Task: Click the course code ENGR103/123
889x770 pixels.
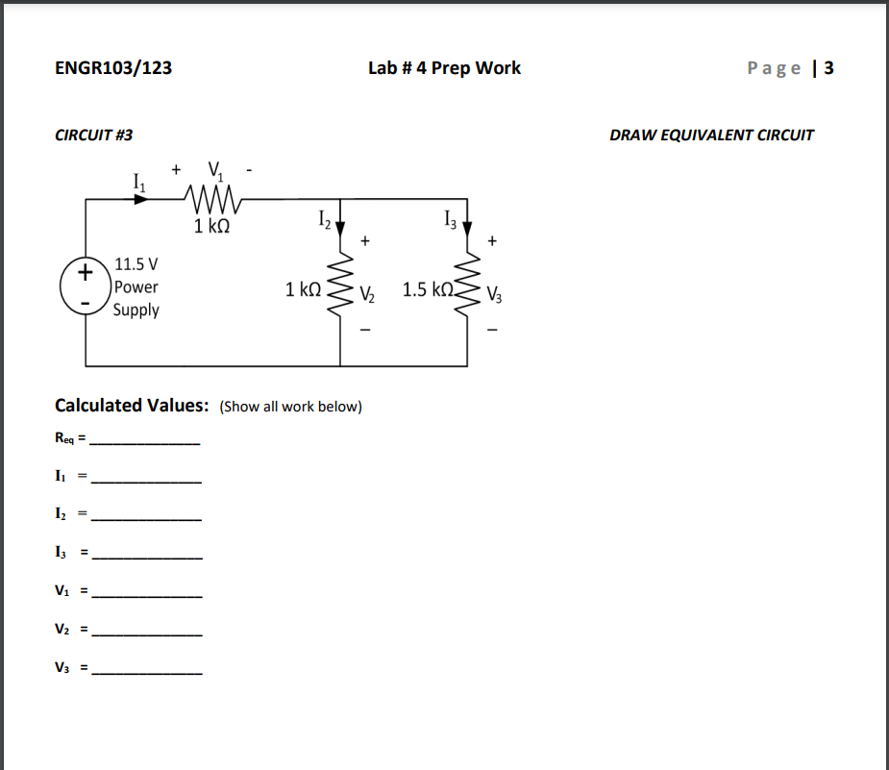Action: [x=113, y=68]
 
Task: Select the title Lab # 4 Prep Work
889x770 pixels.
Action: [x=444, y=68]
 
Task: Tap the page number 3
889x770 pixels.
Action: [x=828, y=68]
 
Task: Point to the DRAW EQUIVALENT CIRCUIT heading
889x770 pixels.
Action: [x=711, y=136]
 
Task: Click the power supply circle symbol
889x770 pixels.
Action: [x=86, y=285]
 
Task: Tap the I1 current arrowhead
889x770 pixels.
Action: [x=141, y=199]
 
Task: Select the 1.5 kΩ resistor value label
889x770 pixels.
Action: [x=428, y=289]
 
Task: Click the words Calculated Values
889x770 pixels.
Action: [x=132, y=406]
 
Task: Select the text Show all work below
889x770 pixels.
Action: [x=290, y=407]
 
